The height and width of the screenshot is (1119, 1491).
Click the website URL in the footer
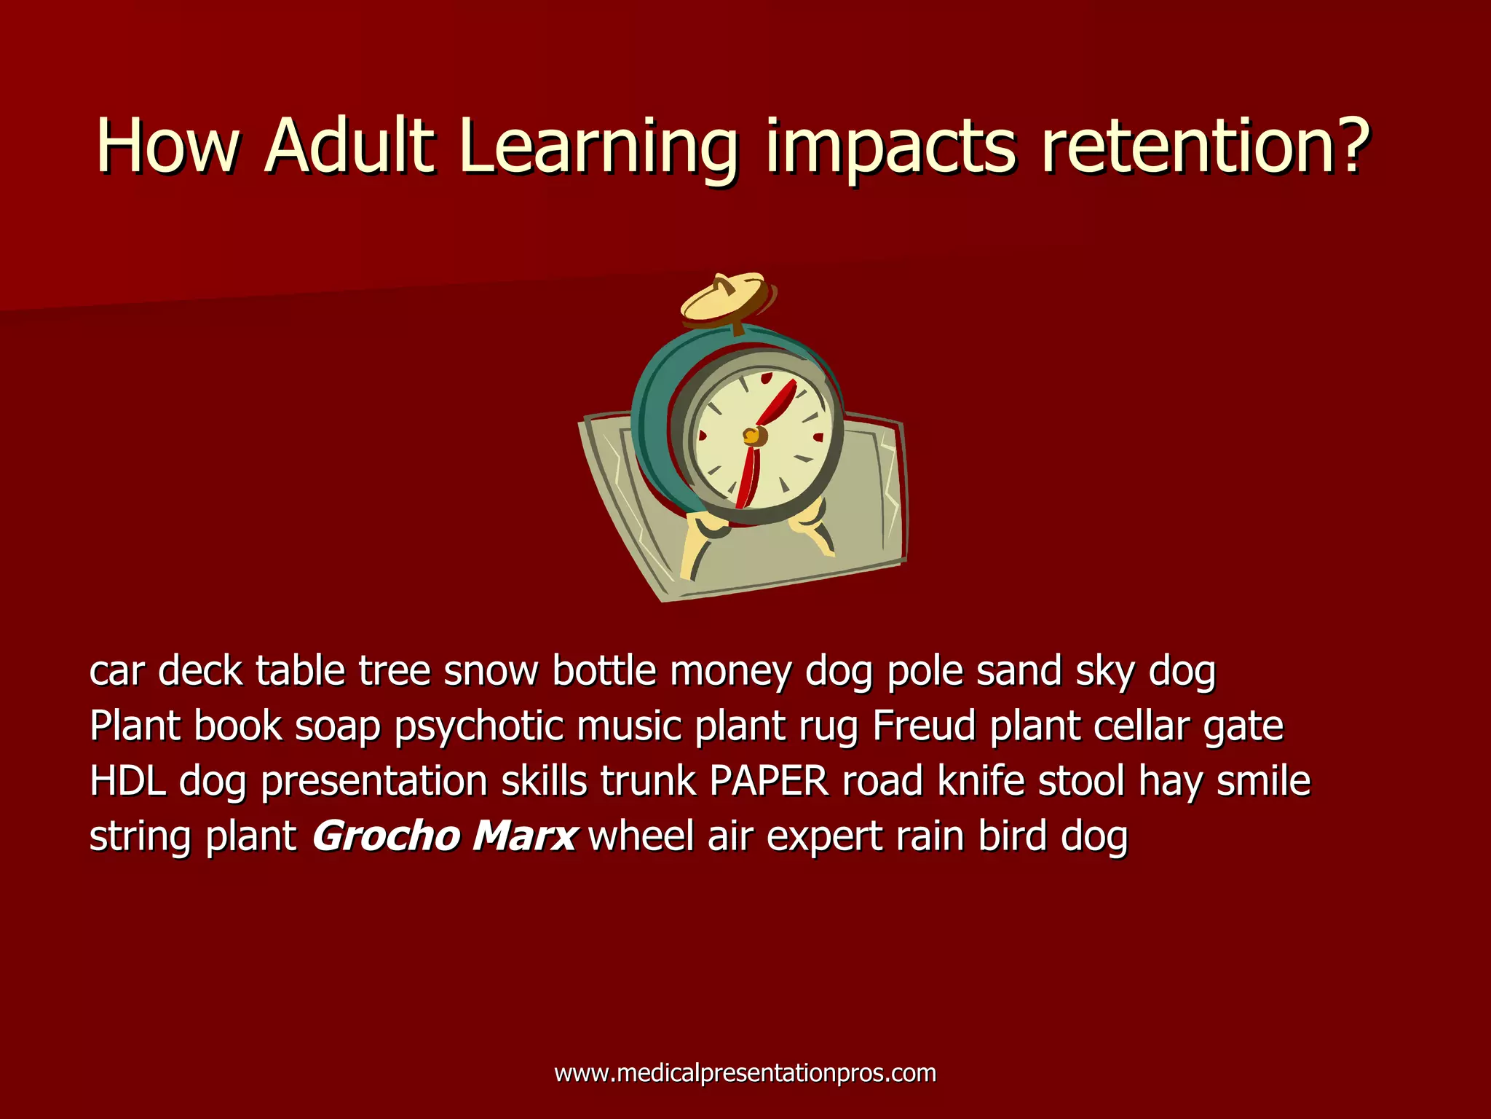tap(745, 1073)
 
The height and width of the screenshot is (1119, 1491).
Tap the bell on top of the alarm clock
tap(727, 299)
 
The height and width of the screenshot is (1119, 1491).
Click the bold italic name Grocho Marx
tap(445, 836)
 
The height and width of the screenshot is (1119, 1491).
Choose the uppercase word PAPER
tap(769, 781)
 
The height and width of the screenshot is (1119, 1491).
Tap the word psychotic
tap(479, 727)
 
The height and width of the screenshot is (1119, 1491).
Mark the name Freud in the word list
tap(924, 726)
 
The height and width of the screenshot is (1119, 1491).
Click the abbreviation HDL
tap(127, 781)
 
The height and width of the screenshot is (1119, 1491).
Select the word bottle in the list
tap(604, 670)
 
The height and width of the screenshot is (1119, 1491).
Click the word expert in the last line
tap(824, 837)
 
